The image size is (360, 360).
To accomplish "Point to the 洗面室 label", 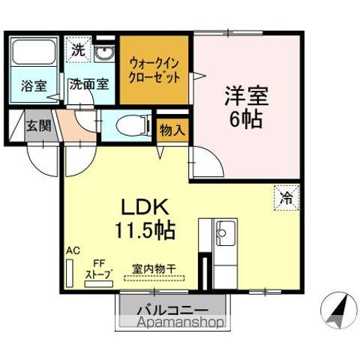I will (x=88, y=85).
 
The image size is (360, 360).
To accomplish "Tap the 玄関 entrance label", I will (x=38, y=125).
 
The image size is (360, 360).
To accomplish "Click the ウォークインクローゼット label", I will (x=154, y=70).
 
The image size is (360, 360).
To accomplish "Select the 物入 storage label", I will (x=172, y=130).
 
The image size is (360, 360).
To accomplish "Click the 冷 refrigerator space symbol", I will (x=286, y=198).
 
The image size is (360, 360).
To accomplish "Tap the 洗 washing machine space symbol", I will (x=78, y=51).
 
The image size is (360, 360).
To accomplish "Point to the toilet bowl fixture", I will (x=129, y=124).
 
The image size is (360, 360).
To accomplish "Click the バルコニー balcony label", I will (x=171, y=309).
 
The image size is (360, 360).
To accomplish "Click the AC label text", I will (x=72, y=250).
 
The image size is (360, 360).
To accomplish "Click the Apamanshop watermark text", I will (x=171, y=323).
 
